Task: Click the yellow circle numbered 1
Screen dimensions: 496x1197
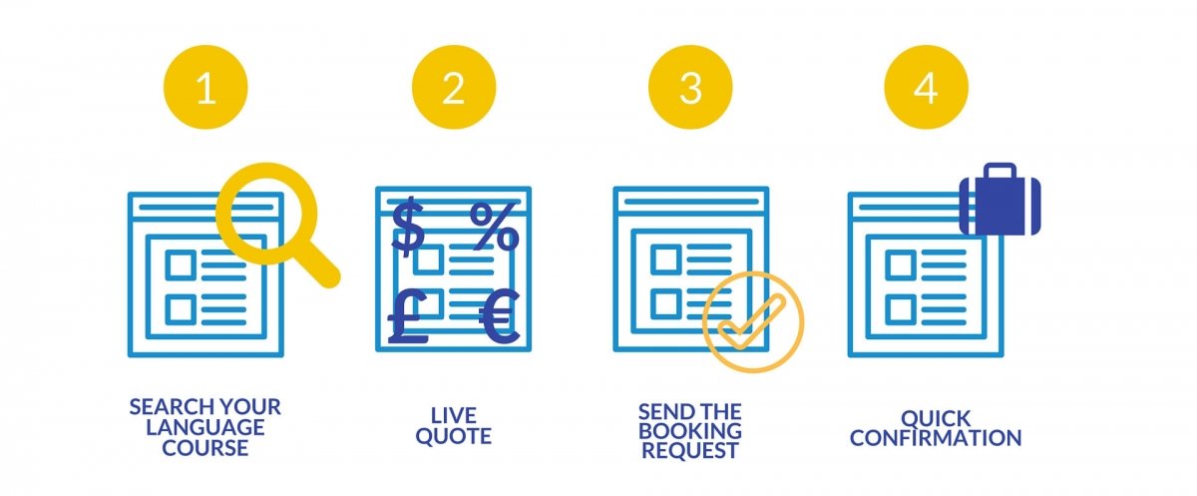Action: (x=205, y=88)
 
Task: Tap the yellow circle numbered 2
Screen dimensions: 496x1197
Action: (x=453, y=88)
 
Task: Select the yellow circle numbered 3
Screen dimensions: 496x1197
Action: (x=689, y=88)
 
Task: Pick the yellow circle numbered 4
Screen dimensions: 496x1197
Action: (x=926, y=88)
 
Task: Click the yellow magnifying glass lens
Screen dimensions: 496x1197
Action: (x=266, y=215)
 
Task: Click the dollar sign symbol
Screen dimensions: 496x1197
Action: (x=407, y=227)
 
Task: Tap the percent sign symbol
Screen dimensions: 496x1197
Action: (x=495, y=227)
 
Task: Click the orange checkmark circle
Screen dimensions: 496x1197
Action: (x=752, y=321)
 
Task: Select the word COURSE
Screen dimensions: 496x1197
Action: (x=206, y=448)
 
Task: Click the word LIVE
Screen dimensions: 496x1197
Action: (x=454, y=415)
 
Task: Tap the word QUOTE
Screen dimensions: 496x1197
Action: (x=454, y=437)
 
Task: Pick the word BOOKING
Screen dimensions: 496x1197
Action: (x=690, y=430)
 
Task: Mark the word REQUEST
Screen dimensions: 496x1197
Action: (x=690, y=450)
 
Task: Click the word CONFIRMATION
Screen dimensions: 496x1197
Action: (x=936, y=438)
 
